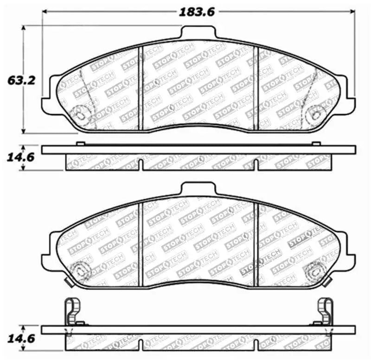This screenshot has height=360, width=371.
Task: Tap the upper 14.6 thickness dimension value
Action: click(14, 158)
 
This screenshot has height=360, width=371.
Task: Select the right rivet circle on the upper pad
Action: click(318, 113)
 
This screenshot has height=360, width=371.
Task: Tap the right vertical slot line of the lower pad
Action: click(256, 241)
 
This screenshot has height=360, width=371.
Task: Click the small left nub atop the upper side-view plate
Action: click(80, 144)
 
